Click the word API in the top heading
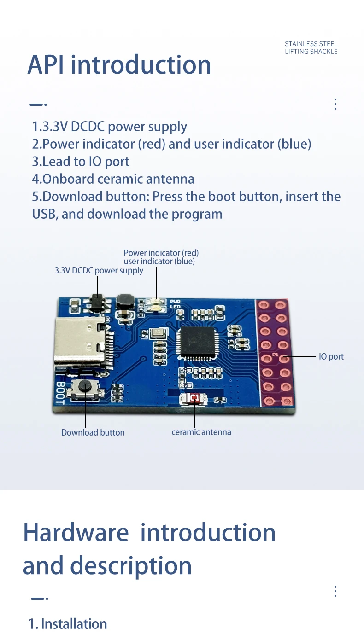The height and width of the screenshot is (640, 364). tap(45, 65)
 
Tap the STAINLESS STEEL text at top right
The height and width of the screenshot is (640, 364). tap(311, 44)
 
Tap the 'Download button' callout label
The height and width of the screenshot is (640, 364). tap(93, 432)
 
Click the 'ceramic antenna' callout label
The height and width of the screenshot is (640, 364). tap(201, 432)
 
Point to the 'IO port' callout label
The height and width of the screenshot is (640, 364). tap(331, 356)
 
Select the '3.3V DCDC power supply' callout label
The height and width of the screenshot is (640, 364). tap(99, 271)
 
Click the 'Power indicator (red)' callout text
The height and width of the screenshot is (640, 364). tap(161, 253)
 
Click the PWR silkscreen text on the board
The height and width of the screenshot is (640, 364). tap(175, 302)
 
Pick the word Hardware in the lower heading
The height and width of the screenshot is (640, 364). tap(76, 532)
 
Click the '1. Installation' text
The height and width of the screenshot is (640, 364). tap(68, 624)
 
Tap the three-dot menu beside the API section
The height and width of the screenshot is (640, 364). tap(335, 104)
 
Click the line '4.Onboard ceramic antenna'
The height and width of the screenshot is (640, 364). tap(113, 179)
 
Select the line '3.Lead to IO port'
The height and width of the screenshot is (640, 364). tap(81, 162)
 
